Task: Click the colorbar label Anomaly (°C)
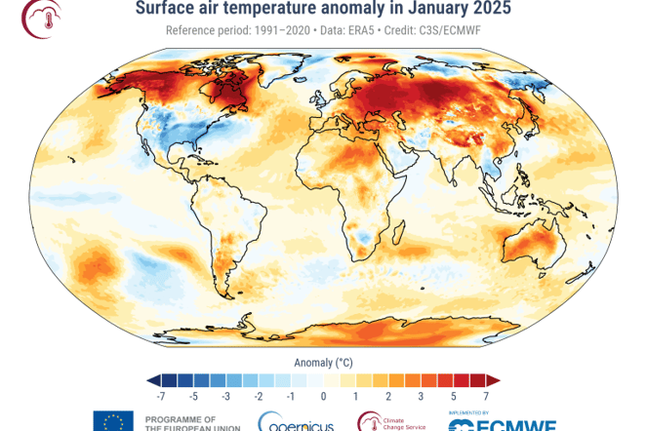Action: [322, 363]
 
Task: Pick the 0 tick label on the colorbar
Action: [323, 397]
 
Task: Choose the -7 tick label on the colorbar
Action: [162, 397]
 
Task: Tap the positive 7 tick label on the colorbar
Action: [485, 397]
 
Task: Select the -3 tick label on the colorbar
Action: [226, 397]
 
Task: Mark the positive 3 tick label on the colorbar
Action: [421, 397]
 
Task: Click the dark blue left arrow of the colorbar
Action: [153, 380]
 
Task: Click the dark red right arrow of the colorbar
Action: [493, 380]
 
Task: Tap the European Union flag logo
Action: [112, 421]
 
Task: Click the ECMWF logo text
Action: [512, 425]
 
